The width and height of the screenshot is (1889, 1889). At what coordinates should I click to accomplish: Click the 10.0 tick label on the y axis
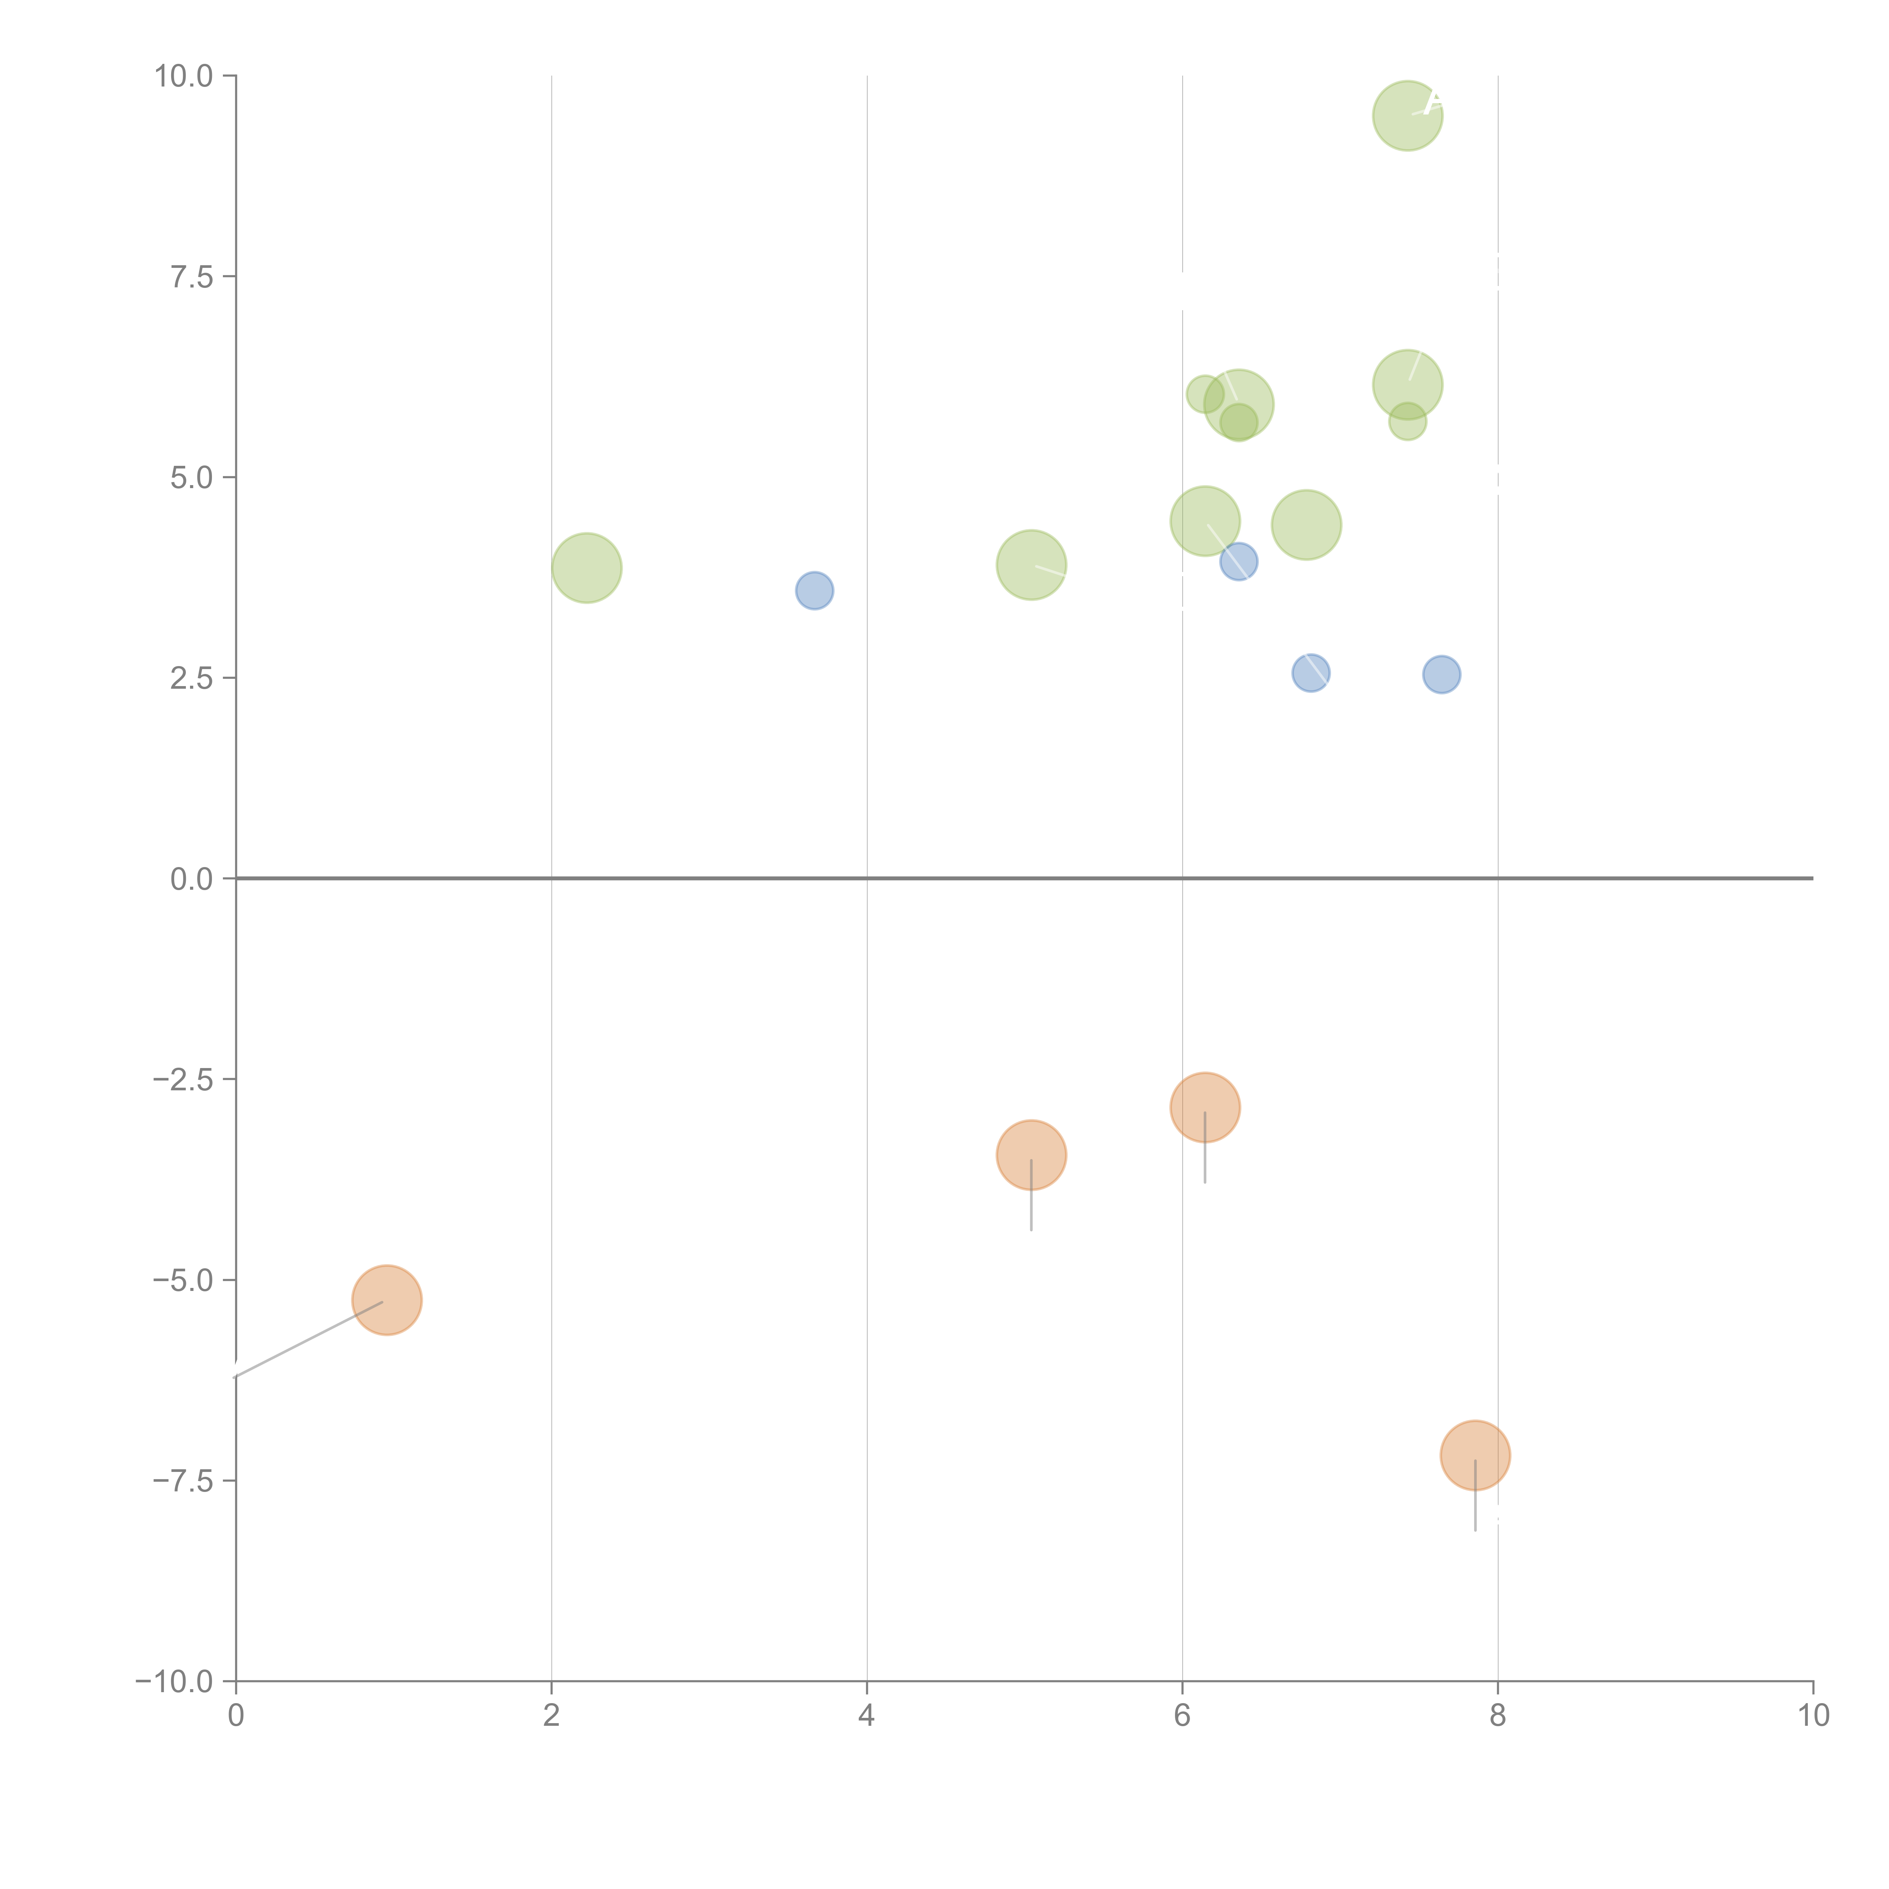[184, 76]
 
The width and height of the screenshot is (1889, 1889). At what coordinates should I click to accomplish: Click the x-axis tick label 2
[552, 1716]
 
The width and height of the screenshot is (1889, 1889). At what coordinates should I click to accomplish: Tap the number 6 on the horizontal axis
[1182, 1716]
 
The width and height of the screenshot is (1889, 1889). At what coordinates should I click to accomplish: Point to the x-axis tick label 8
[1498, 1716]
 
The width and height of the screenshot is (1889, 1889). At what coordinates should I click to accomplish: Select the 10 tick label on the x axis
[1813, 1716]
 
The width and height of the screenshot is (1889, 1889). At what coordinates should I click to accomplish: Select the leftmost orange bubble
[387, 1300]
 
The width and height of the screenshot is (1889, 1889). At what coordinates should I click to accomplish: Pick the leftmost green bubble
[587, 568]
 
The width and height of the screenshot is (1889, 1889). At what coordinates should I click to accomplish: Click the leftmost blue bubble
[815, 591]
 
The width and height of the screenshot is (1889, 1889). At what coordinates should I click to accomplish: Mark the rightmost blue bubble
[1441, 675]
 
